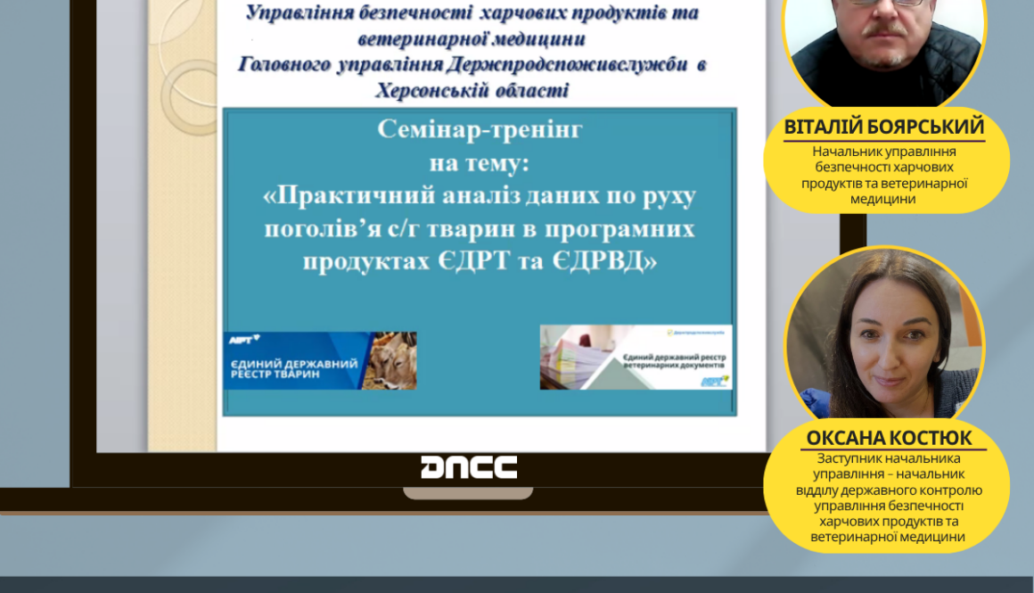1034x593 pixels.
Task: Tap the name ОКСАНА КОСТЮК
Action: [x=889, y=439]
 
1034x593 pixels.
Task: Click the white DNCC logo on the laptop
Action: [x=469, y=467]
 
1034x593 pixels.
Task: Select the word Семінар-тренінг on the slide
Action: [x=480, y=129]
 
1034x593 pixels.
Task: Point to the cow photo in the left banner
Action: [x=393, y=360]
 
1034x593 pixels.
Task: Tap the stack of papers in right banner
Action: [x=575, y=357]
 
